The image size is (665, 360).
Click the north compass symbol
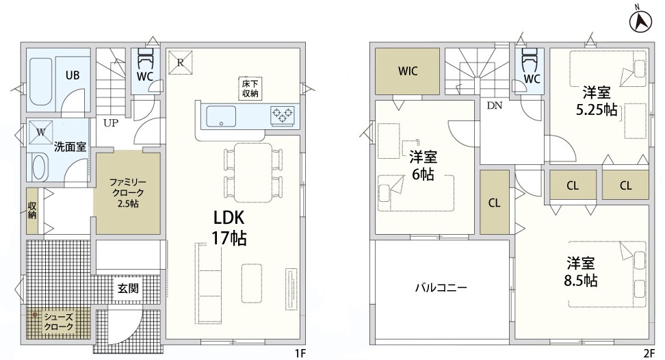click(640, 21)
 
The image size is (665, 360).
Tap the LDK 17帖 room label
click(229, 228)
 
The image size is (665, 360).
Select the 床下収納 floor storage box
click(250, 88)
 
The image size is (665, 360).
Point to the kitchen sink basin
click(221, 116)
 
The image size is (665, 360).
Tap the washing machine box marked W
click(41, 132)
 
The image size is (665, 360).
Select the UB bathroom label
click(73, 75)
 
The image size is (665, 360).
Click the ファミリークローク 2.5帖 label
click(128, 193)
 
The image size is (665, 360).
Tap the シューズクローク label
click(59, 322)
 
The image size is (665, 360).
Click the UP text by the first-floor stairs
click(111, 123)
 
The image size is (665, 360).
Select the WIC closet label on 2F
click(408, 70)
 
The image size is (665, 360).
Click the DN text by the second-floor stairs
click(495, 105)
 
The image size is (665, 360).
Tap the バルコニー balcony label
click(441, 288)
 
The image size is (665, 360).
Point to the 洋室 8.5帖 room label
click(581, 272)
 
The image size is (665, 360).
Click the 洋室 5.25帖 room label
click(597, 101)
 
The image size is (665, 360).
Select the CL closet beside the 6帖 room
click(495, 203)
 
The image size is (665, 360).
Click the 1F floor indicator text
click(300, 352)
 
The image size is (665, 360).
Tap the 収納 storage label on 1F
click(32, 210)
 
